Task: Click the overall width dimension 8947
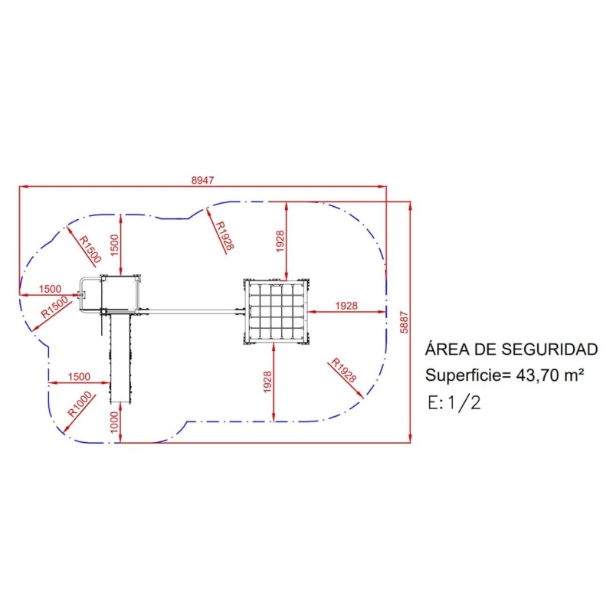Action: point(202,180)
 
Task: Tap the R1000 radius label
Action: point(79,404)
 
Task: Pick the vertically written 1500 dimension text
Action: point(114,244)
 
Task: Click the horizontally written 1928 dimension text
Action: point(346,306)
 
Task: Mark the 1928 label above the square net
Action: point(280,242)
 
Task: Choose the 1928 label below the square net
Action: point(267,382)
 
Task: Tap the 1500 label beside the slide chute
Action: point(79,376)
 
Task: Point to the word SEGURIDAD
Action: point(549,350)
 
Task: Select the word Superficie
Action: point(462,375)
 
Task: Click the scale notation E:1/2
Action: point(456,402)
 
